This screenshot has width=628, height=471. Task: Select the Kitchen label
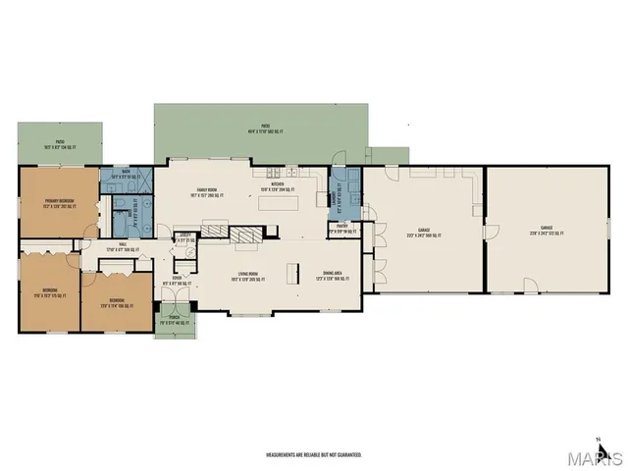pyautogui.click(x=277, y=185)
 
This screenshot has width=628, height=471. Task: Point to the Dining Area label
pyautogui.click(x=334, y=276)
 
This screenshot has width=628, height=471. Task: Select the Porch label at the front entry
pyautogui.click(x=175, y=319)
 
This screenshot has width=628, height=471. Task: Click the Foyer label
pyautogui.click(x=178, y=279)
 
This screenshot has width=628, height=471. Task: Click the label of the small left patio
pyautogui.click(x=59, y=143)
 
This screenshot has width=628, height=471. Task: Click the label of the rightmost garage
pyautogui.click(x=546, y=232)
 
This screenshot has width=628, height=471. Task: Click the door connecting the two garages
pyautogui.click(x=486, y=231)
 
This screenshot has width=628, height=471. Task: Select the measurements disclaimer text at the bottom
pyautogui.click(x=314, y=455)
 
